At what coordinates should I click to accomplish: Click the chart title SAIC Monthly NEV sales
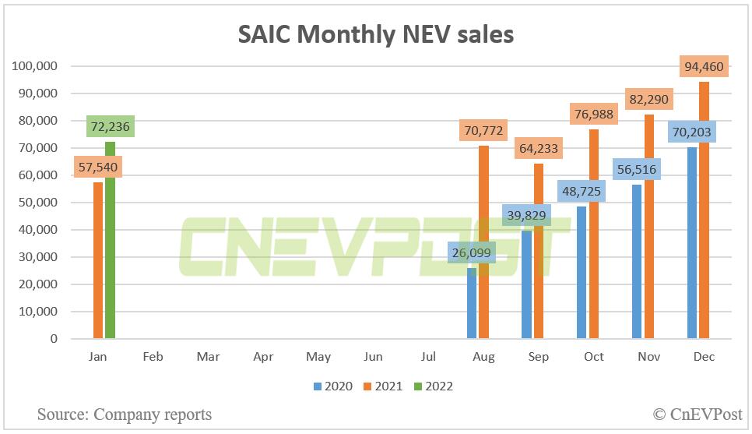pos(375,34)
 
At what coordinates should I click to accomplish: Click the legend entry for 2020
pos(334,386)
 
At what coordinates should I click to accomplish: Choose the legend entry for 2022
pos(432,386)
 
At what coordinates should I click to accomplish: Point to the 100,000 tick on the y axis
pos(35,66)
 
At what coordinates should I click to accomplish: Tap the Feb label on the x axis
pos(153,357)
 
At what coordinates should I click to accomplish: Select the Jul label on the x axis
pos(428,357)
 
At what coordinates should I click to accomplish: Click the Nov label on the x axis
pos(648,357)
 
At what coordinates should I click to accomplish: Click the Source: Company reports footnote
pos(125,414)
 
